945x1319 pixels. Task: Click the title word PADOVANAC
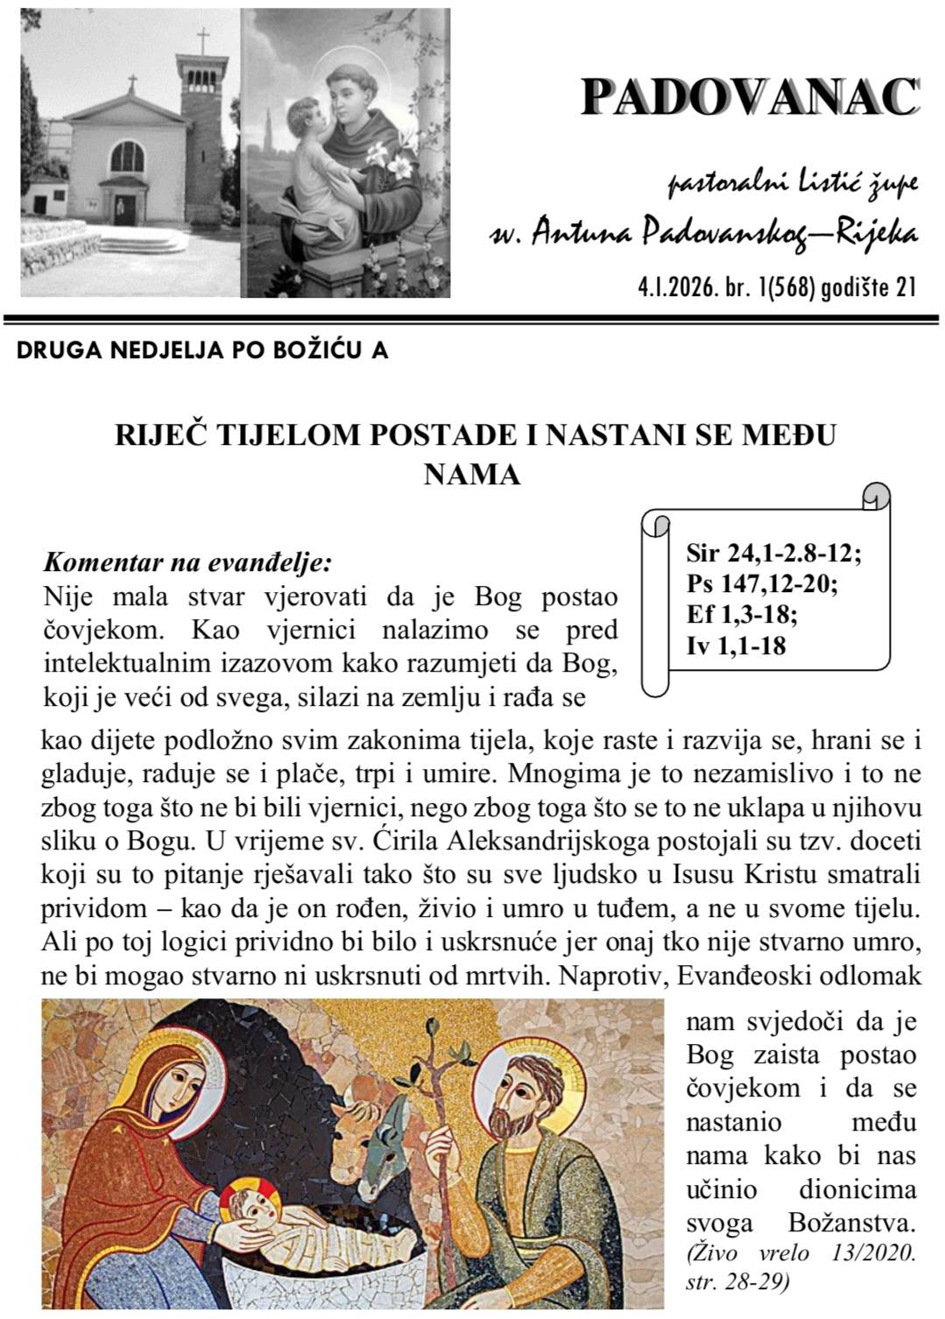(750, 97)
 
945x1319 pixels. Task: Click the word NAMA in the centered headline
(472, 474)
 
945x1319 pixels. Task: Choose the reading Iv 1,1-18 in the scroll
(737, 645)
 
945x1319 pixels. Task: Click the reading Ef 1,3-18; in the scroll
(742, 615)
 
